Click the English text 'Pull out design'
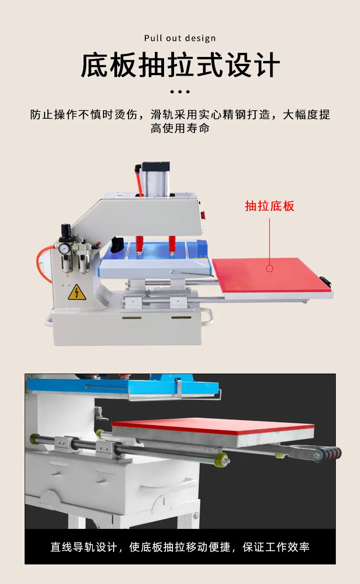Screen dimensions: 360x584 coord(180,38)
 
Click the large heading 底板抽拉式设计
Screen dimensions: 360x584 coord(180,65)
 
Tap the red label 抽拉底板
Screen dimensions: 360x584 coord(269,206)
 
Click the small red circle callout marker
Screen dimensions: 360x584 coord(269,268)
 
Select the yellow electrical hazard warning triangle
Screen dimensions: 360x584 coord(77,292)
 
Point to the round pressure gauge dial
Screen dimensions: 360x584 coord(63,249)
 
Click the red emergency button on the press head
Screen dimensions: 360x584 coord(204,214)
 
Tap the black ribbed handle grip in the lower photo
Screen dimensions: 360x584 coord(328,455)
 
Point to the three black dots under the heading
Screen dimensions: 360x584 coord(180,92)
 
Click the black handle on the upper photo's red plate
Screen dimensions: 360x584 coord(325,281)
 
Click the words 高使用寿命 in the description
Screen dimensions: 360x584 coord(180,128)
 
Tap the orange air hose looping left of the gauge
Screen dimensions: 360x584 coord(43,263)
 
